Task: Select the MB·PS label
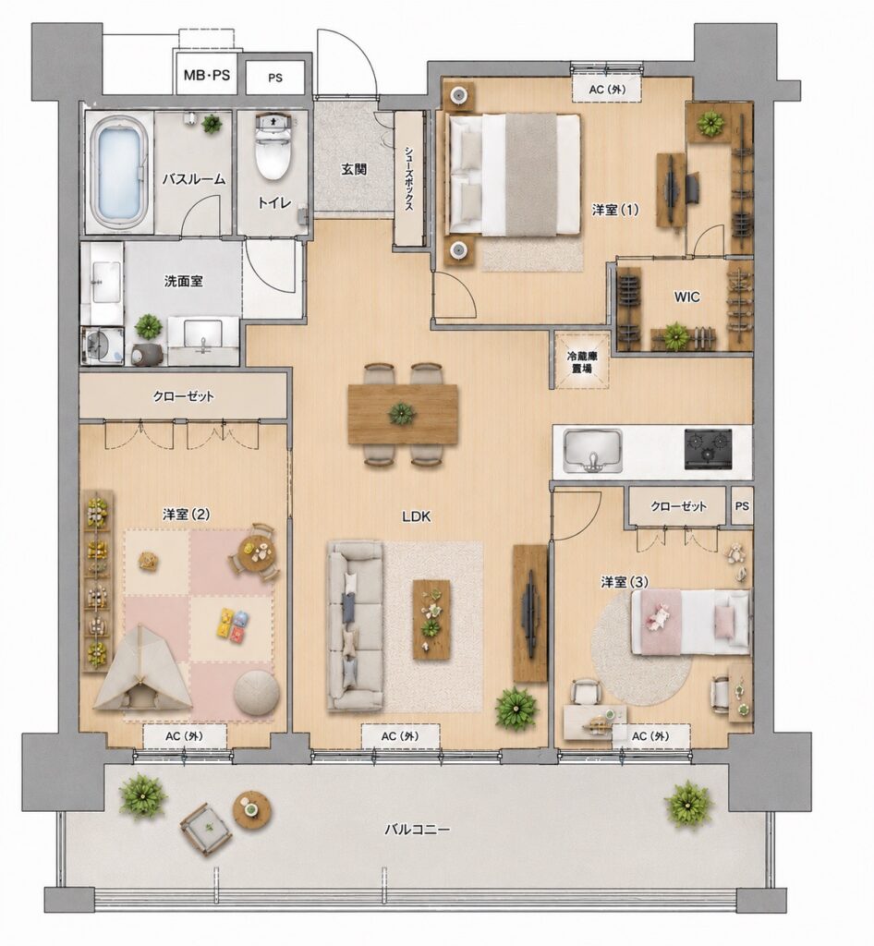tap(207, 76)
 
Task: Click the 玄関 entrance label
tap(354, 169)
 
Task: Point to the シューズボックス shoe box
tap(408, 178)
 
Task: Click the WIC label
tap(687, 297)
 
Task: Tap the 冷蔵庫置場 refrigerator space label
tap(581, 362)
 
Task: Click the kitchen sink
tap(593, 451)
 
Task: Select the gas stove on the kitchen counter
tap(708, 449)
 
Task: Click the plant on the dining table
tap(401, 414)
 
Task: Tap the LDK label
tap(416, 516)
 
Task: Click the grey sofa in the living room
tap(356, 625)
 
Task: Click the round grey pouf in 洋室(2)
tap(256, 693)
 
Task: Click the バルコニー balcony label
tap(418, 831)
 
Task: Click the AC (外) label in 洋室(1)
tap(606, 90)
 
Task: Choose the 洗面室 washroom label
tap(183, 281)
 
